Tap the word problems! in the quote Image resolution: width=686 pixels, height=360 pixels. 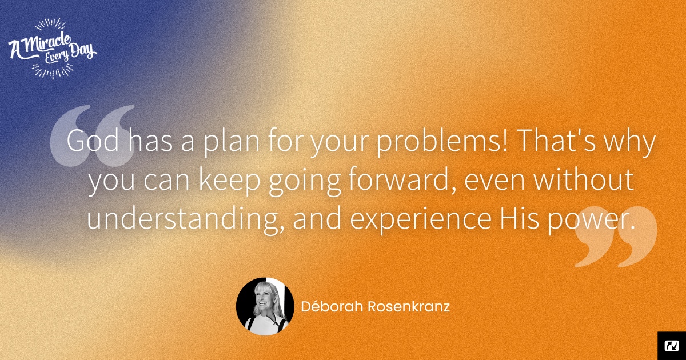442,143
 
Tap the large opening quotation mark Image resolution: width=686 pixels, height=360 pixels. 93,135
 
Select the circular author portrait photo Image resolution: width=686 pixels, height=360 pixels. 265,306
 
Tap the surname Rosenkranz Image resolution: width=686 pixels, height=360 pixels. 409,307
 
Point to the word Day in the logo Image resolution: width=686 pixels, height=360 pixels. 82,51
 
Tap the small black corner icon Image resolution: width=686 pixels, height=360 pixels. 672,346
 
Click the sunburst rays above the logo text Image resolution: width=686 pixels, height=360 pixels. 50,24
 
